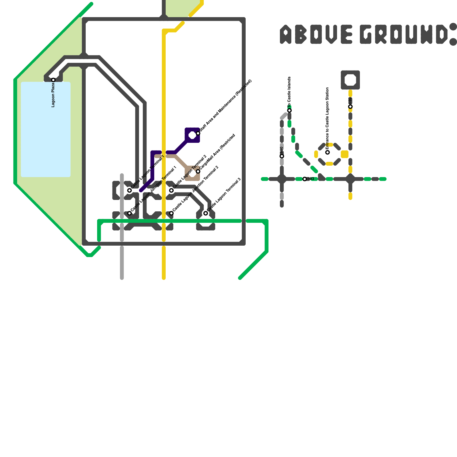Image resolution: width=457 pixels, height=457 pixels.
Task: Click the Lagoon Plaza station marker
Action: (x=53, y=80)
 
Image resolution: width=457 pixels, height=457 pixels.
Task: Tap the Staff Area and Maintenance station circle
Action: (x=198, y=133)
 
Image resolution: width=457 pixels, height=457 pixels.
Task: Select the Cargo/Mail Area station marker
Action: (x=198, y=171)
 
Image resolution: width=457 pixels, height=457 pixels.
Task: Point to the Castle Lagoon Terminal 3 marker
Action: (x=206, y=213)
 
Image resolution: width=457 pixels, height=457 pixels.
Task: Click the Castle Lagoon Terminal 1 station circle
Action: (x=129, y=191)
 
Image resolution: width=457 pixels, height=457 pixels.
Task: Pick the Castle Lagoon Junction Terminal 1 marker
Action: (x=129, y=213)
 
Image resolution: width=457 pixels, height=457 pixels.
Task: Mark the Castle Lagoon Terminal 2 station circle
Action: (x=171, y=191)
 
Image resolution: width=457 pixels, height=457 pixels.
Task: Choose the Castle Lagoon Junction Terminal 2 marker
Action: (x=171, y=213)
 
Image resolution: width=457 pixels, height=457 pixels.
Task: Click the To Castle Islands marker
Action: (x=289, y=111)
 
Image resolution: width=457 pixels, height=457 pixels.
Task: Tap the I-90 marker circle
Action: (x=282, y=156)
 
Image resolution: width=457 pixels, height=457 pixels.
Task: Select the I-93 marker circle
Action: (x=305, y=179)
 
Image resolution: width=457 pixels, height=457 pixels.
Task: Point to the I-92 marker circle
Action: (x=350, y=107)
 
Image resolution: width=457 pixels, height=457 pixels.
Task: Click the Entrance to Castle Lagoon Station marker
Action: (x=328, y=152)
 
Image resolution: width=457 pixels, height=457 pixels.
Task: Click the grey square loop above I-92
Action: (x=350, y=80)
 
